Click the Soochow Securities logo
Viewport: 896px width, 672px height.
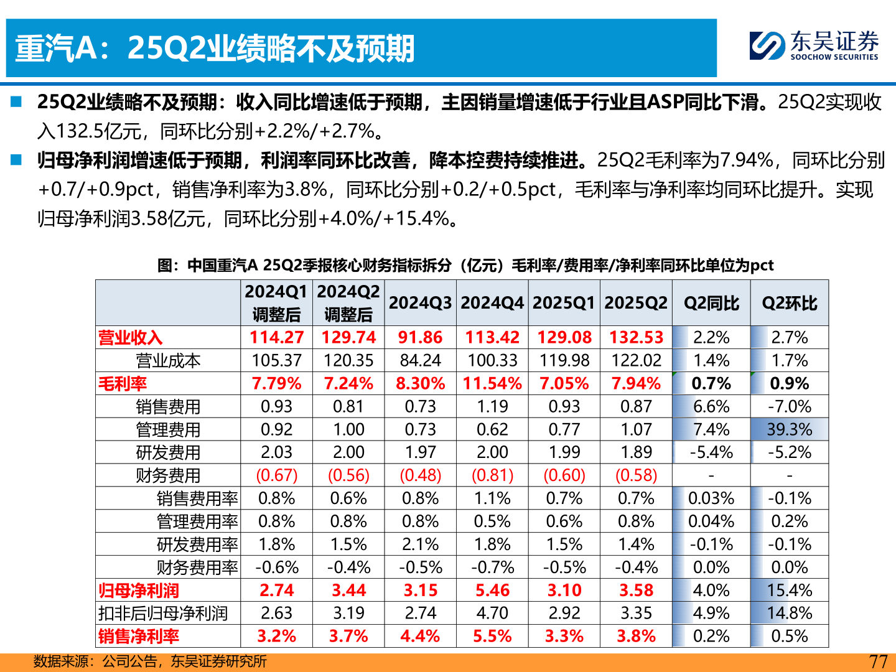tap(814, 46)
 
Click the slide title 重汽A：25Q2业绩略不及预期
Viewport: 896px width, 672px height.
tap(215, 49)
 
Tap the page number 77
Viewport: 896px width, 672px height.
tap(878, 661)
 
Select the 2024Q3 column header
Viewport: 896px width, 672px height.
tap(420, 303)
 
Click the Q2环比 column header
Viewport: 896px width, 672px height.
tap(789, 303)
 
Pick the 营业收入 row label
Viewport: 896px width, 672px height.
tap(131, 338)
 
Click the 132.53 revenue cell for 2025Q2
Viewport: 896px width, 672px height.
tap(636, 338)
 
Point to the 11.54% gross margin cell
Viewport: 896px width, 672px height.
tap(492, 384)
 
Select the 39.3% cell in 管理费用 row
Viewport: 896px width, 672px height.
tap(789, 430)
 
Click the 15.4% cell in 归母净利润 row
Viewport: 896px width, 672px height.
tap(789, 590)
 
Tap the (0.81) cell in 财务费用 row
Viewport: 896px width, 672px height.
tap(492, 476)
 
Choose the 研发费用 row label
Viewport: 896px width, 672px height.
tap(168, 453)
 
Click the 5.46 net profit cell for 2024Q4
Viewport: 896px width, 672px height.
tap(492, 590)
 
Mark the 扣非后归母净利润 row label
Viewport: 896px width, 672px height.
tap(163, 614)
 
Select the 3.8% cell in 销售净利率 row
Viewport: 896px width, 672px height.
tap(636, 637)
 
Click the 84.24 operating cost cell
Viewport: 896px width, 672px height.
tap(420, 361)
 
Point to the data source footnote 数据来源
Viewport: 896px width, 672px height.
tap(150, 661)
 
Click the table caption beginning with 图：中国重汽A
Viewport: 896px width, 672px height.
tap(465, 266)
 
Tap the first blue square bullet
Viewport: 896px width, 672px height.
tap(16, 101)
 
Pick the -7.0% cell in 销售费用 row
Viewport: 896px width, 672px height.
tap(789, 407)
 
